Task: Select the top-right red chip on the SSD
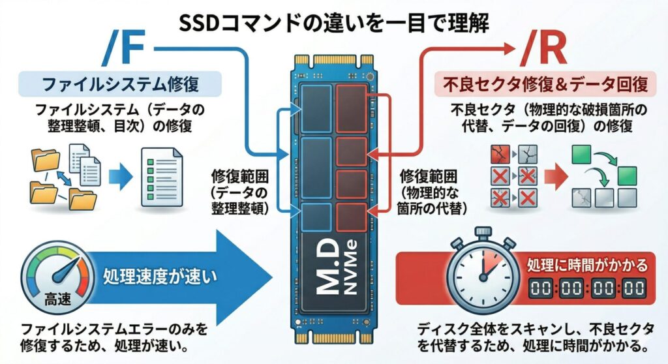[351, 107]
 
